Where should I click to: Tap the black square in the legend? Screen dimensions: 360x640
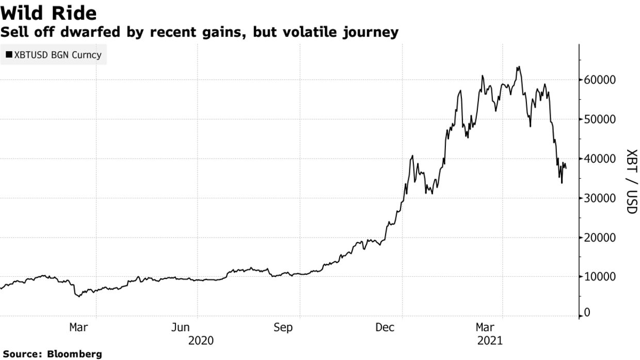9,55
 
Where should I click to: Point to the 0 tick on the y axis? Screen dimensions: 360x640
587,313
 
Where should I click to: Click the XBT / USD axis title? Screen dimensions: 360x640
631,181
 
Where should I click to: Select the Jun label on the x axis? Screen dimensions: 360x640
181,327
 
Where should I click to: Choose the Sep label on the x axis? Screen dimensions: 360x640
283,327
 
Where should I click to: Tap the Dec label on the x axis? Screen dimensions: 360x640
385,327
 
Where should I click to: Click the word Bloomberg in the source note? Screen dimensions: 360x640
74,354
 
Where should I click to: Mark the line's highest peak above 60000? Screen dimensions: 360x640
518,67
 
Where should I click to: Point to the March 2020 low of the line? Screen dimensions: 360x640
78,296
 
